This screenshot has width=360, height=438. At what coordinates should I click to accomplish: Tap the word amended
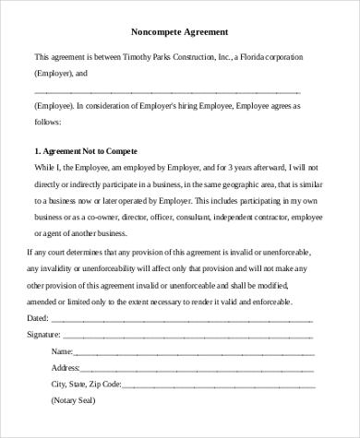tap(46, 301)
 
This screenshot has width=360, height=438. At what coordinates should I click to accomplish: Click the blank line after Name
tap(185, 353)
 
